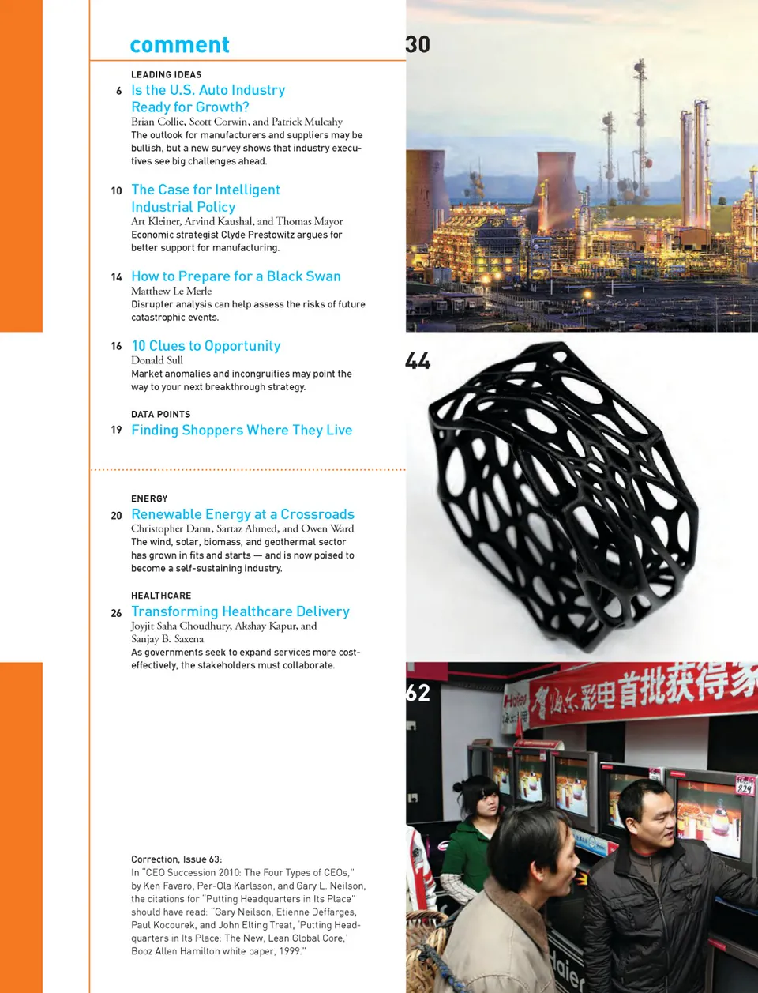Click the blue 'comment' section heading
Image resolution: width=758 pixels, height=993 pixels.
(179, 45)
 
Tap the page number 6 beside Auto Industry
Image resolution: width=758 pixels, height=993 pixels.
(118, 91)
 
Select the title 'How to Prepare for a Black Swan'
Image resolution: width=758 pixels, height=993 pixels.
(235, 276)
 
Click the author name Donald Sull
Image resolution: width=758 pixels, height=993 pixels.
(156, 360)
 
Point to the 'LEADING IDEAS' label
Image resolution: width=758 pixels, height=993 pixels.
(166, 75)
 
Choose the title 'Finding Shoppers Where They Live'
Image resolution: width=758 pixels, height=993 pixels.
(241, 430)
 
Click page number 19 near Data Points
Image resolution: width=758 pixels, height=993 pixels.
(116, 430)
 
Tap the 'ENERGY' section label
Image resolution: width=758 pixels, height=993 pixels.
(149, 498)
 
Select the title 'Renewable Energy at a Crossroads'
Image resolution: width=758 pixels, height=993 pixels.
(242, 514)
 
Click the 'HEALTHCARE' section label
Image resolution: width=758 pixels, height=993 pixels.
(161, 596)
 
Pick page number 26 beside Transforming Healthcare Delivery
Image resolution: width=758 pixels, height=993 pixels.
(116, 613)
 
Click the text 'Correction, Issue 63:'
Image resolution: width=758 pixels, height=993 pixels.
(176, 859)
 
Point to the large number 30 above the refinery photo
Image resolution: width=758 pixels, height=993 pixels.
(418, 44)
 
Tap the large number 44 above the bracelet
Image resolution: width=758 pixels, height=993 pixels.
(418, 361)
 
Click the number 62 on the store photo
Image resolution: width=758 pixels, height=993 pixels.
(418, 693)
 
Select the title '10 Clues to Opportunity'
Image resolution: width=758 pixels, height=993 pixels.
(205, 346)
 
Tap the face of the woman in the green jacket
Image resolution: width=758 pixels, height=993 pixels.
(485, 803)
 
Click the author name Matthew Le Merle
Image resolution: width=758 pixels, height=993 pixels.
(171, 291)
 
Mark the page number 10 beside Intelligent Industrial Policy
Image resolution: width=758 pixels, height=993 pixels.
(116, 191)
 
